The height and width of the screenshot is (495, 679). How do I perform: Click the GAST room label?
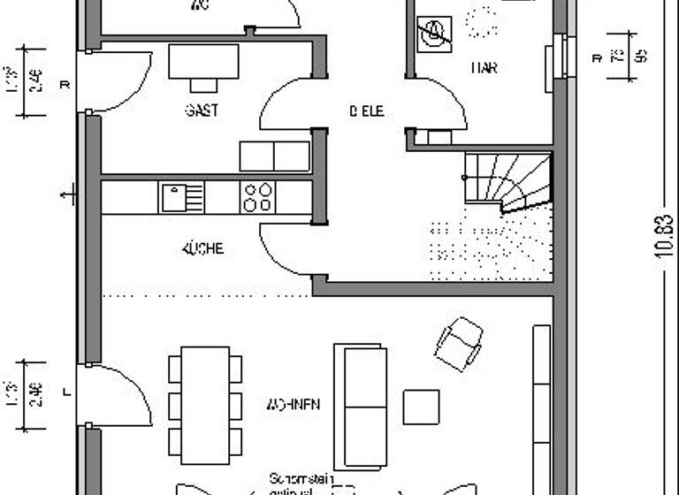202,110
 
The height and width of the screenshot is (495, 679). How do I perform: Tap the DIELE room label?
366,110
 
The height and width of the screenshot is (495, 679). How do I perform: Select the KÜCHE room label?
202,249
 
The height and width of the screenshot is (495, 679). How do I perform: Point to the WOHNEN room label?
294,405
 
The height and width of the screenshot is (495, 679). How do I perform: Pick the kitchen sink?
181,197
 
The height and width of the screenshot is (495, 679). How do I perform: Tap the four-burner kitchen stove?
258,197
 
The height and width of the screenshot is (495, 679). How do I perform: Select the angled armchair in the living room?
459,343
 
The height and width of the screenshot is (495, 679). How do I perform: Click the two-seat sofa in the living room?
360,406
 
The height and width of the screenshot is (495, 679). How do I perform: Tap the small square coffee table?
421,407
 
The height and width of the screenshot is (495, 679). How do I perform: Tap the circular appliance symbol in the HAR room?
434,34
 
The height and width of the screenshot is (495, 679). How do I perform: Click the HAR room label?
484,68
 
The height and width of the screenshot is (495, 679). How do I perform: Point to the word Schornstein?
301,478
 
